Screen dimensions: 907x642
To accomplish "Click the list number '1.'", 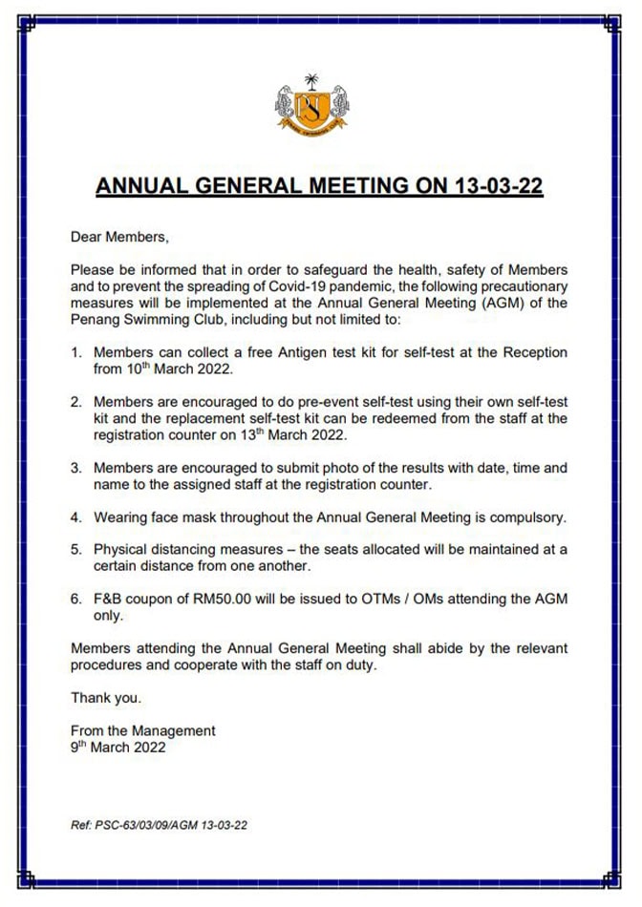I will pyautogui.click(x=77, y=352).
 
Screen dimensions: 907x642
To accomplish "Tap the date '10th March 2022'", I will pyautogui.click(x=164, y=369).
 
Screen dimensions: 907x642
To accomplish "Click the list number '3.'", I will pyautogui.click(x=77, y=468).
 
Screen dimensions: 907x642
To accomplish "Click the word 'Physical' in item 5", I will pyautogui.click(x=122, y=550).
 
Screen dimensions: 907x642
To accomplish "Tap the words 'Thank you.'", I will pyautogui.click(x=106, y=698).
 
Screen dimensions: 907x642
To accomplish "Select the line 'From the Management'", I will pyautogui.click(x=142, y=730).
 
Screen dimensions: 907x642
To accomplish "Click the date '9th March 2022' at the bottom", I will pyautogui.click(x=118, y=748).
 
